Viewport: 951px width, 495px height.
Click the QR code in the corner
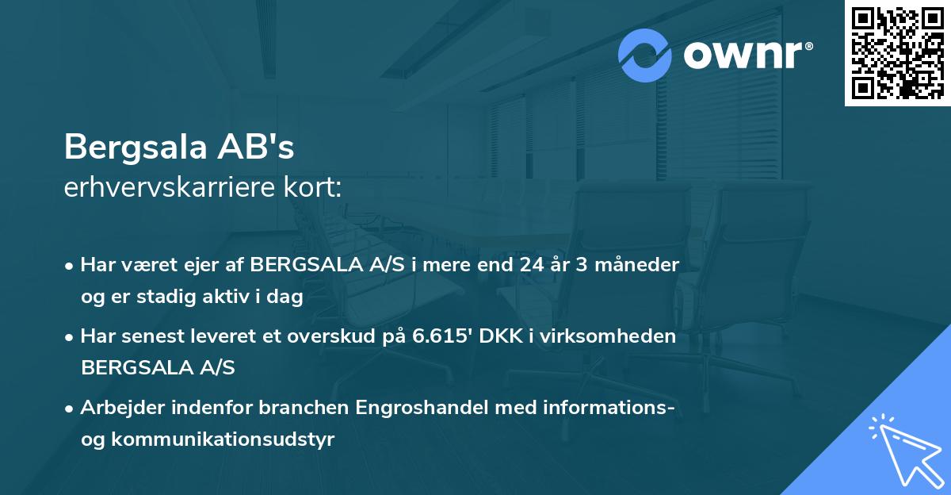898,52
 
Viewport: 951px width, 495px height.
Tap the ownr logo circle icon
645,55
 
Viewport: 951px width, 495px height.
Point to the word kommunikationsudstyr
223,439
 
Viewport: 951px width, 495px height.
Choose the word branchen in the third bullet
308,408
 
